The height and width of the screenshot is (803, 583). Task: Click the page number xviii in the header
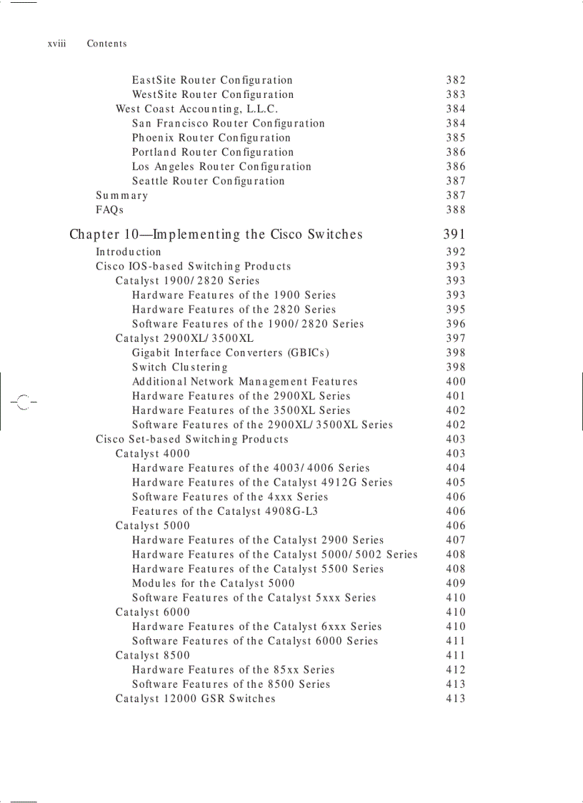pyautogui.click(x=56, y=44)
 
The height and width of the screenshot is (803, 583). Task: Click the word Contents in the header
pyautogui.click(x=106, y=44)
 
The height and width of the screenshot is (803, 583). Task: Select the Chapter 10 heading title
pyautogui.click(x=216, y=235)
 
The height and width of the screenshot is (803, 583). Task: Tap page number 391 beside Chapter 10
pyautogui.click(x=454, y=235)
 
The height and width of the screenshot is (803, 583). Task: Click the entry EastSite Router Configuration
pyautogui.click(x=212, y=80)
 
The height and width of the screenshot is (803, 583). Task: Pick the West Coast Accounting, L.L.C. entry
pyautogui.click(x=196, y=109)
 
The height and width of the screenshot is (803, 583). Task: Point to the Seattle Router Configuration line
pyautogui.click(x=208, y=181)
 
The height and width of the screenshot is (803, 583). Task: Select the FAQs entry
pyautogui.click(x=109, y=210)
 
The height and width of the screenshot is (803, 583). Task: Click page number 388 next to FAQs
pyautogui.click(x=455, y=210)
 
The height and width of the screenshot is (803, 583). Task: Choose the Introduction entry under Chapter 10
pyautogui.click(x=129, y=252)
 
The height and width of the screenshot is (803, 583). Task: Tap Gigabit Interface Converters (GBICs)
pyautogui.click(x=230, y=353)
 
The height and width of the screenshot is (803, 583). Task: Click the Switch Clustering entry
pyautogui.click(x=179, y=367)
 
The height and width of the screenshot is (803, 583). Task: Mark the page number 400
pyautogui.click(x=455, y=382)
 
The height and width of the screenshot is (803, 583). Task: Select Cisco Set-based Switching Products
pyautogui.click(x=192, y=439)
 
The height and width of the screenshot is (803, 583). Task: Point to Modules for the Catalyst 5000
pyautogui.click(x=213, y=583)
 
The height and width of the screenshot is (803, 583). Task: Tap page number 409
pyautogui.click(x=455, y=583)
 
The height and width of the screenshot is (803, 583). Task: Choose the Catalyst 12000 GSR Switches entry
pyautogui.click(x=195, y=699)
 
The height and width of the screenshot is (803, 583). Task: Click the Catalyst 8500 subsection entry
pyautogui.click(x=153, y=655)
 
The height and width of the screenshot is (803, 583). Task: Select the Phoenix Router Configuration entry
pyautogui.click(x=211, y=137)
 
